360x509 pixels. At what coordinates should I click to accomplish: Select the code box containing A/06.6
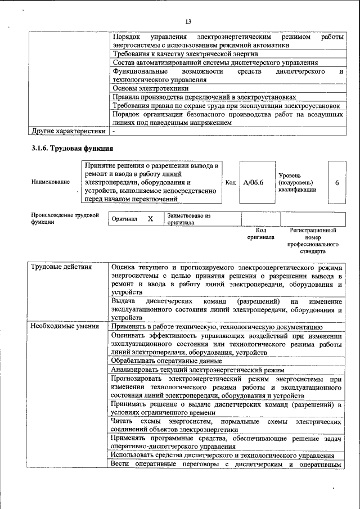click(254, 182)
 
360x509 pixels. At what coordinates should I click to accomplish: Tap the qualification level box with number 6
click(336, 182)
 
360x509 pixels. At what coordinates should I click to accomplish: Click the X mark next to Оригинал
click(150, 219)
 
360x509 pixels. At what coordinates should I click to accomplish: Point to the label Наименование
click(51, 182)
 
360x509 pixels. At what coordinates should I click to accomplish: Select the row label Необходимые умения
click(65, 326)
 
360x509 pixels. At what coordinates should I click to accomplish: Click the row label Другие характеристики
click(68, 131)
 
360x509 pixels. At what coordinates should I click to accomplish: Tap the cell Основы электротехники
click(150, 88)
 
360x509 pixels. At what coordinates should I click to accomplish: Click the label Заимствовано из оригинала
click(188, 219)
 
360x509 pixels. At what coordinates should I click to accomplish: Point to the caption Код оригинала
click(260, 233)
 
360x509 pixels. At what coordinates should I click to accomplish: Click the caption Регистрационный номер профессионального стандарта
click(313, 241)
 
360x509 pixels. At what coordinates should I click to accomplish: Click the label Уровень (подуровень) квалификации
click(296, 182)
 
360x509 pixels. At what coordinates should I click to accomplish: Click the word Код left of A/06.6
click(230, 182)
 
